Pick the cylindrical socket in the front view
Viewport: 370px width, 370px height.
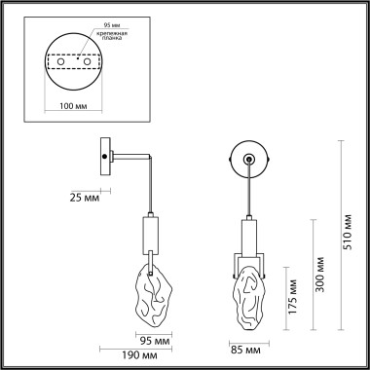coord(247,238)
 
